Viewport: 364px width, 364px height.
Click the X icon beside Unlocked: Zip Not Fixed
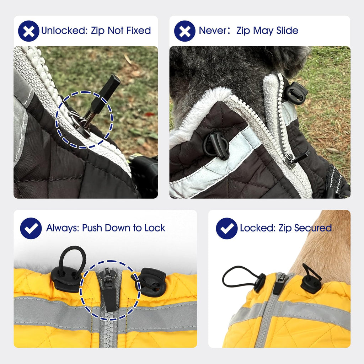29,31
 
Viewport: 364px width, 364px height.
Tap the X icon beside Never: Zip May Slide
185,31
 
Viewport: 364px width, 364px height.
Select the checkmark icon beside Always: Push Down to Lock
31,229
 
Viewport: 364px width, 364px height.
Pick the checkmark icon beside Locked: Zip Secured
227,229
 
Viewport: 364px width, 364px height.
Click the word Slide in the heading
287,31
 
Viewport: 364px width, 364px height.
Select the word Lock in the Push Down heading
155,228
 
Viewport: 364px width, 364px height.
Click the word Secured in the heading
313,228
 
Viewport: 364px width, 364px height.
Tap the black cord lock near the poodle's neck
295,93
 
